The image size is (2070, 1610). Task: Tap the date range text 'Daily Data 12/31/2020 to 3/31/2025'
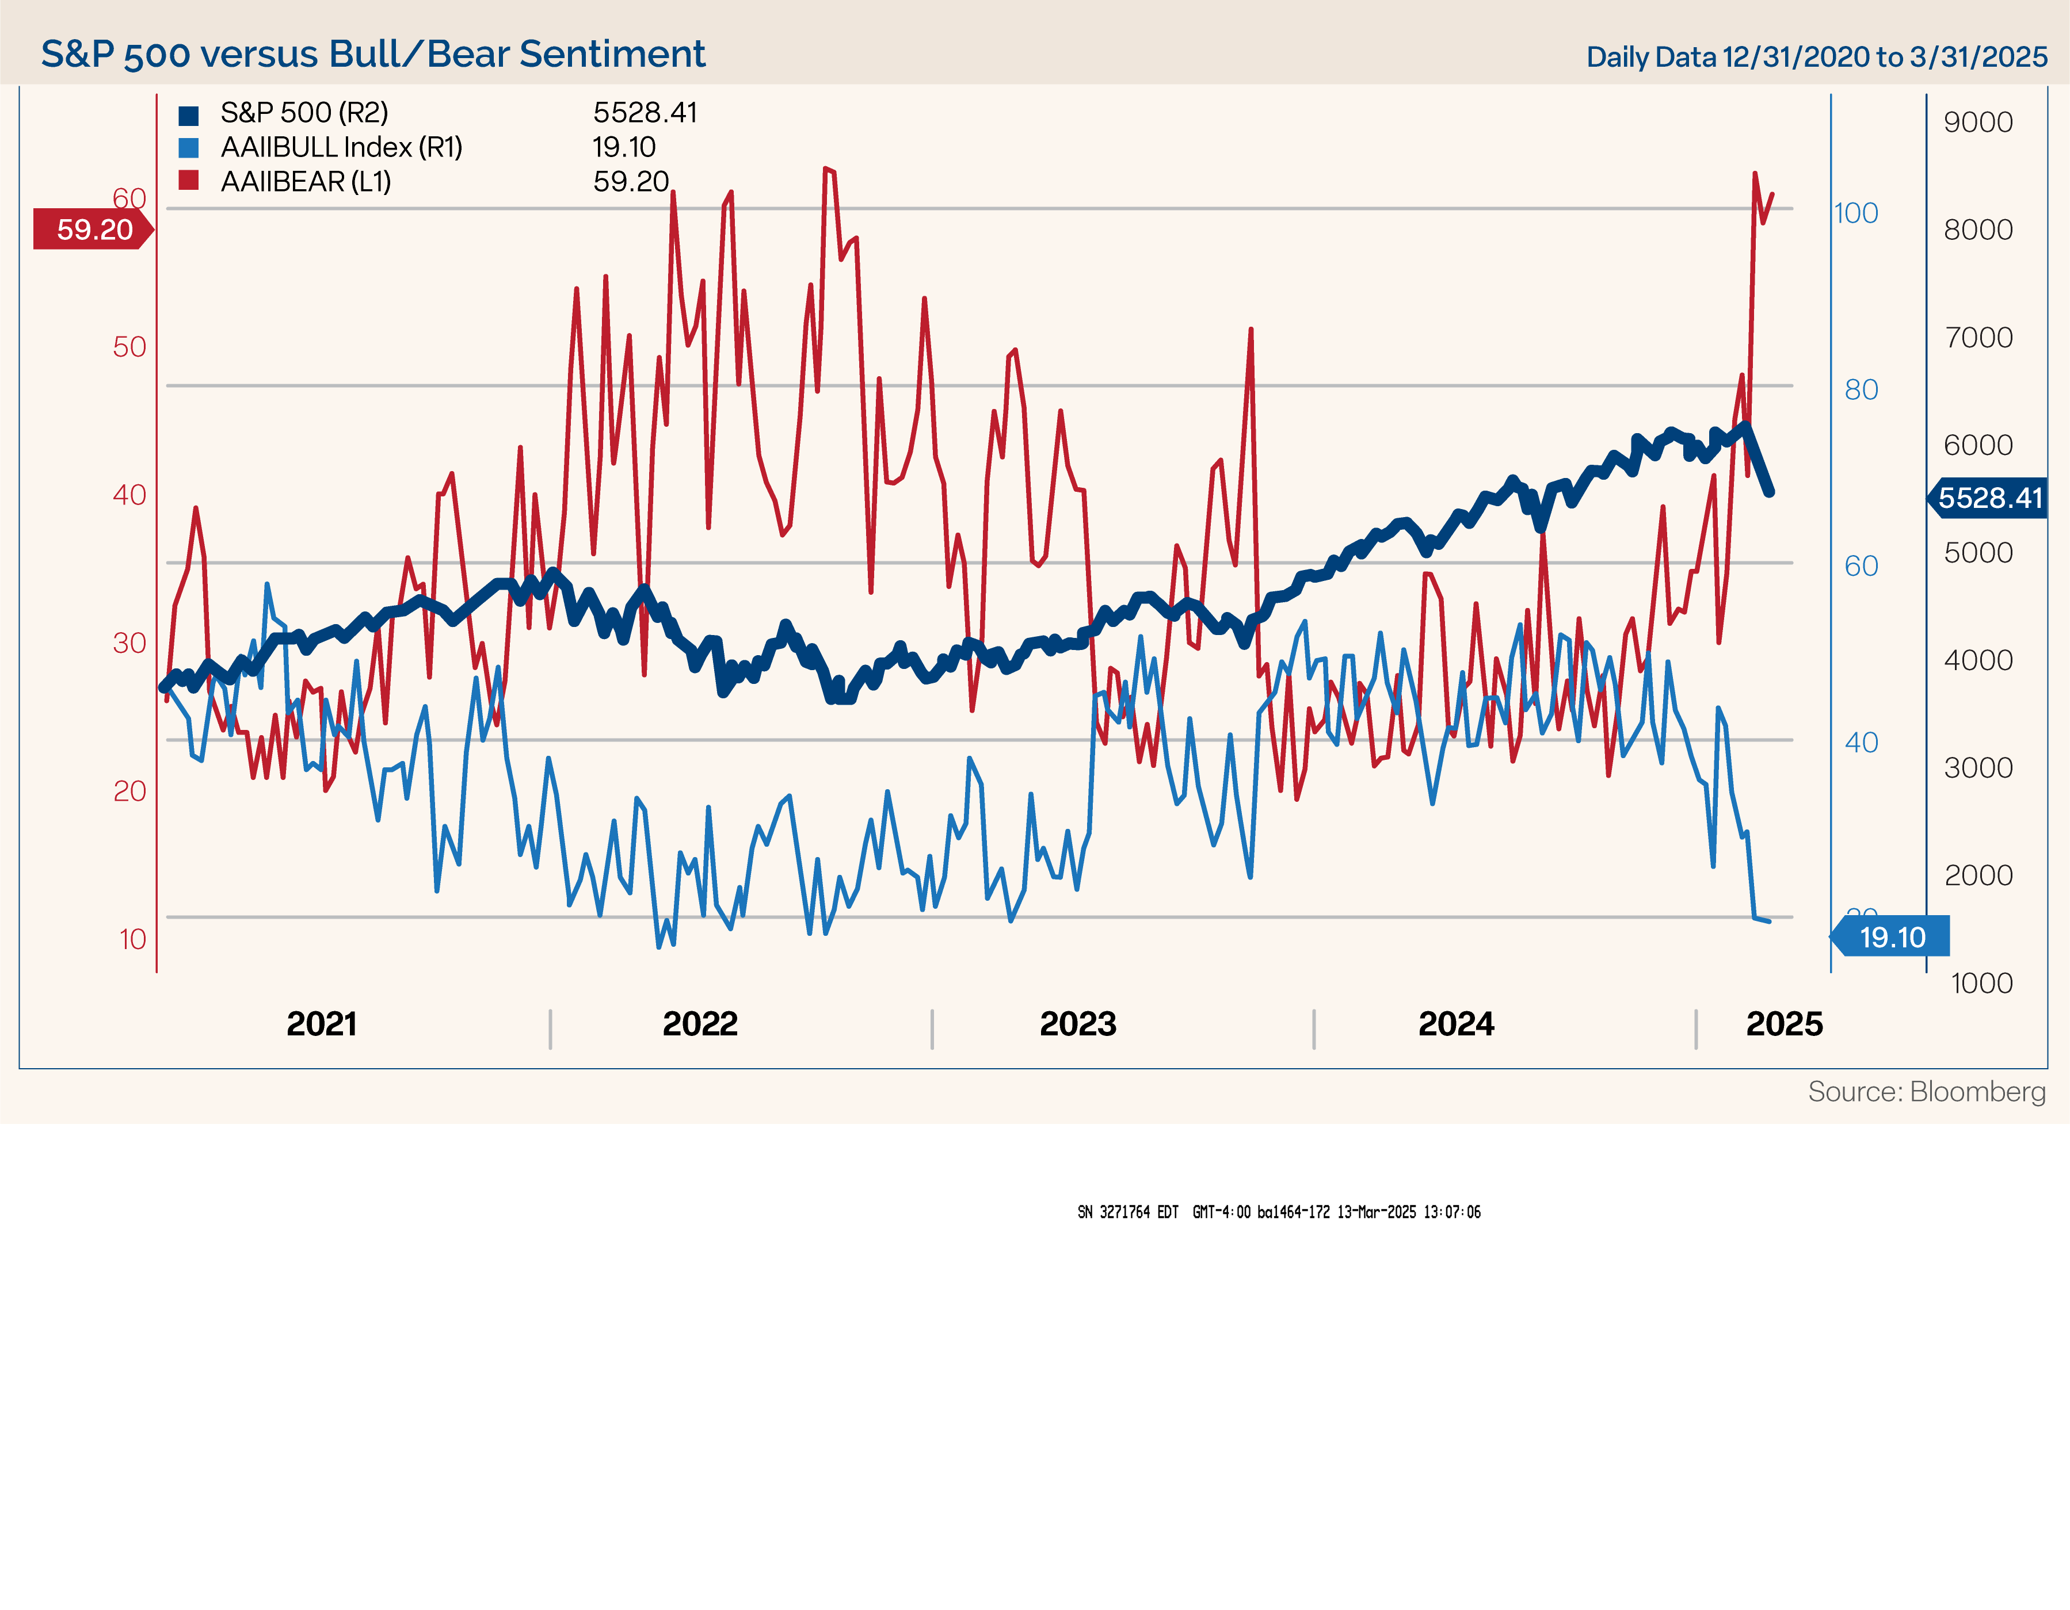1816,57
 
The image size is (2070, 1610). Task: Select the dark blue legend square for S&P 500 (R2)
189,114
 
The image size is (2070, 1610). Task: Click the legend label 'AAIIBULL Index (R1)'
341,148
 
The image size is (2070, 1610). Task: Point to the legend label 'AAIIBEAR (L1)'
305,182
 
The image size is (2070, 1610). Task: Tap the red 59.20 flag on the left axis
93,230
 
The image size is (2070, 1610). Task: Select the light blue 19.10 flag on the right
1892,937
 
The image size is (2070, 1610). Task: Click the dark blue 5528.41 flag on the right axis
1988,498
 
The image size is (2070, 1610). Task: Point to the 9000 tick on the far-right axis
1977,123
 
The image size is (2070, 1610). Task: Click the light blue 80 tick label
1861,389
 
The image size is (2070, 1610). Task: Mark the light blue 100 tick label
1856,213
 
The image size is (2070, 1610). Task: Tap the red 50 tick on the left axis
130,347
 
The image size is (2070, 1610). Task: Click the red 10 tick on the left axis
133,939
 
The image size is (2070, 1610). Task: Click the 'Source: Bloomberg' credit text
1926,1092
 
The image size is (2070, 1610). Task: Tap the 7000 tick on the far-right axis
1978,337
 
